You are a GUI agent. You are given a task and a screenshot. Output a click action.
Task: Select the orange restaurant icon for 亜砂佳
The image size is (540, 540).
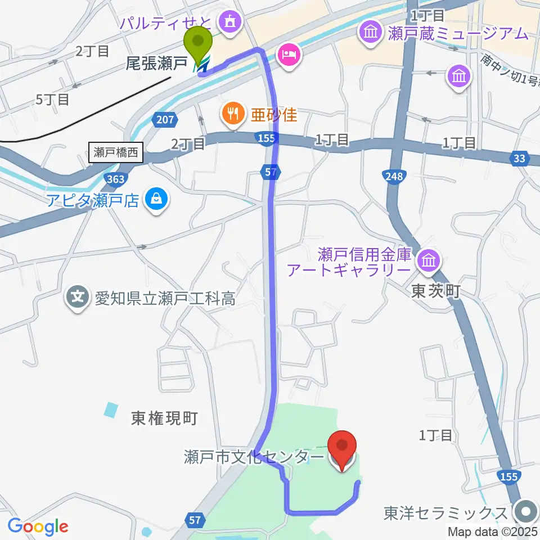(232, 115)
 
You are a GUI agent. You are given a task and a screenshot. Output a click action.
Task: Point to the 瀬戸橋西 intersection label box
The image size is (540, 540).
(116, 152)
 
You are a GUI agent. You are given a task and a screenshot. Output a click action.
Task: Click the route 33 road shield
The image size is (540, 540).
(519, 159)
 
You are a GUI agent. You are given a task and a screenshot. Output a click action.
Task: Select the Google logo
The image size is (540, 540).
(38, 526)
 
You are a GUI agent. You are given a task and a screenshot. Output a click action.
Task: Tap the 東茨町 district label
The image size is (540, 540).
(436, 291)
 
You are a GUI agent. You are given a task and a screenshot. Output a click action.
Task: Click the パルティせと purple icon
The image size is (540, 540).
(228, 22)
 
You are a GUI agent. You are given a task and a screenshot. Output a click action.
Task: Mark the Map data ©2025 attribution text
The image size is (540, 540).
(493, 531)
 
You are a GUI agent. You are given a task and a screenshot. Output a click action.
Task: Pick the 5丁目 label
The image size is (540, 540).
(52, 100)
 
